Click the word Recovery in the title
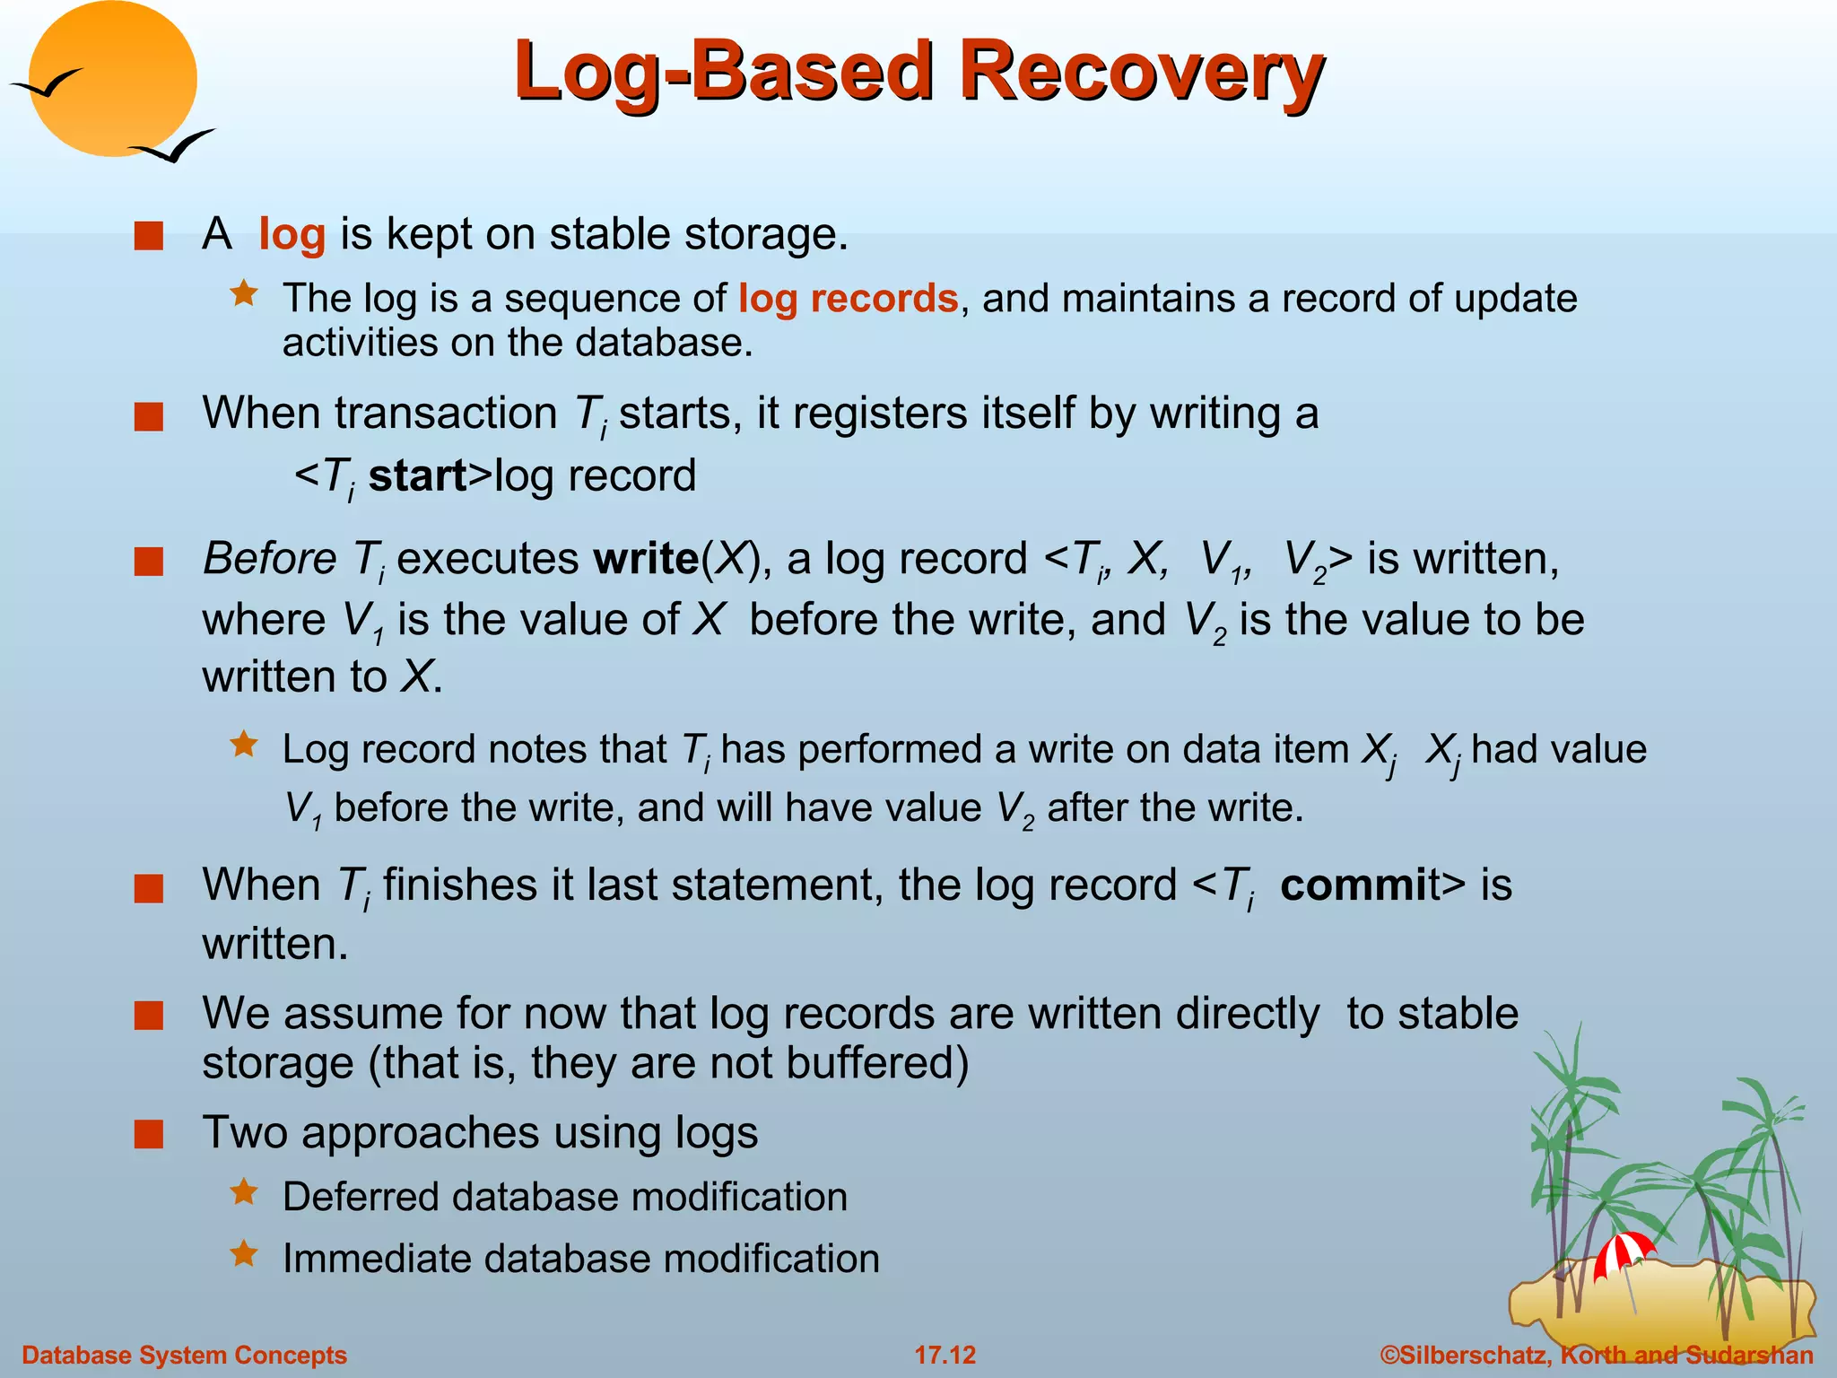(x=1141, y=72)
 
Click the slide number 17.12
(x=945, y=1355)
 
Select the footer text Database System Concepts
(x=184, y=1355)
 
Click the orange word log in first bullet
(x=292, y=235)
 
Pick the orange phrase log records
(x=848, y=299)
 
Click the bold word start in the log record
(x=418, y=475)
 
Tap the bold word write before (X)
(x=646, y=559)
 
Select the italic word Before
(x=269, y=559)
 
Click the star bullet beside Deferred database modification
(x=244, y=1192)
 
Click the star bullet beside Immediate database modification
(x=244, y=1253)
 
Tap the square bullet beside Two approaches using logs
(x=149, y=1134)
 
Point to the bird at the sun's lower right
(x=175, y=146)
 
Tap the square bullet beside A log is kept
(x=149, y=237)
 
